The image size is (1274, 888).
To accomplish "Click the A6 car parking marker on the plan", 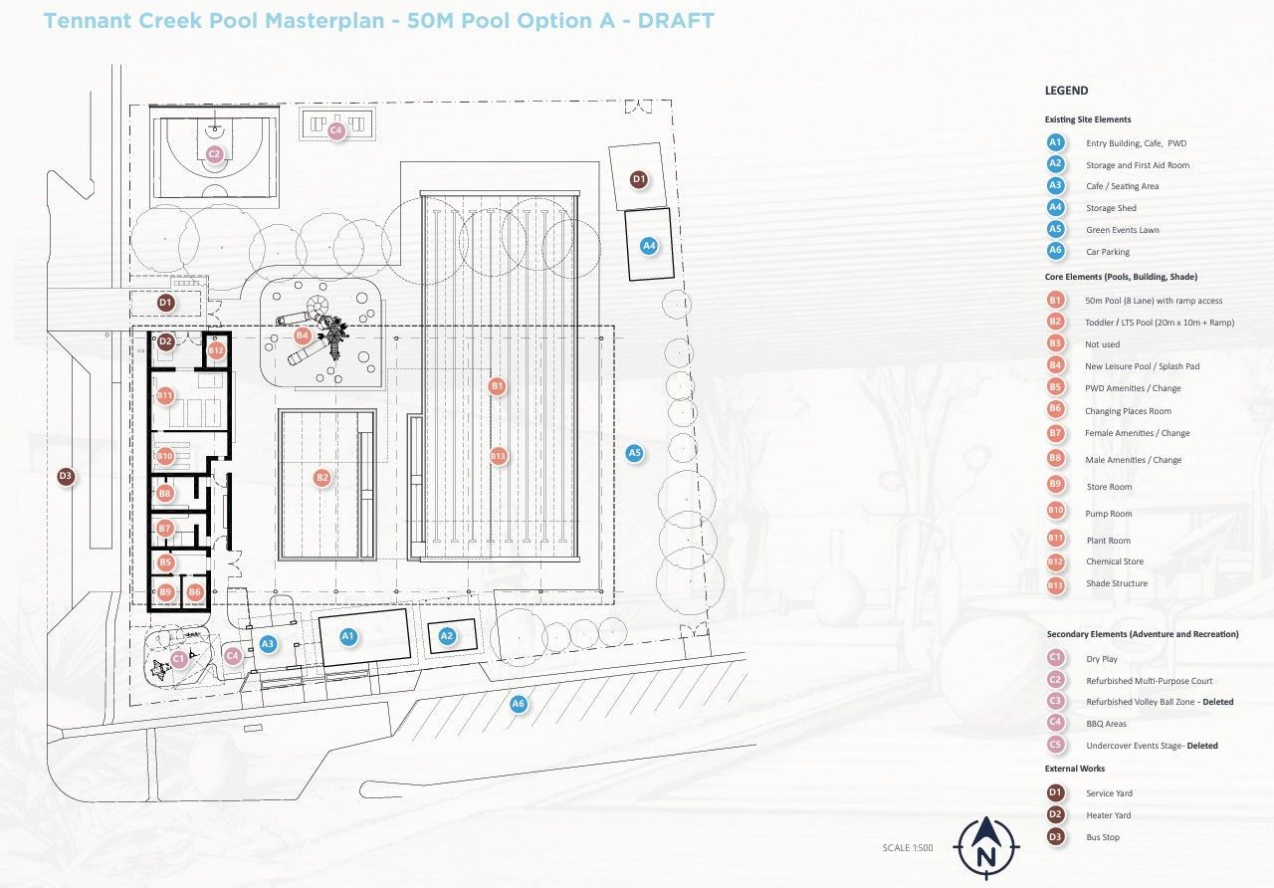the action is click(519, 704).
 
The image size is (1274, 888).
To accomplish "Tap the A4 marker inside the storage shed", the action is click(649, 246).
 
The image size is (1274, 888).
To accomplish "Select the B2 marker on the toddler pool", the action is click(322, 477).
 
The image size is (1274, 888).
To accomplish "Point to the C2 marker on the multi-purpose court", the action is click(214, 153).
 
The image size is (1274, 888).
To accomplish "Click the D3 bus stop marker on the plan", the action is click(66, 476).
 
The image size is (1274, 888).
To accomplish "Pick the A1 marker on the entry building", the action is click(348, 636).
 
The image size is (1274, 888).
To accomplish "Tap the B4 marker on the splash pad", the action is click(302, 335).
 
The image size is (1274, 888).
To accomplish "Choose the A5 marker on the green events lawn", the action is click(635, 453).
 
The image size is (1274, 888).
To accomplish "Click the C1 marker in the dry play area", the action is click(178, 659).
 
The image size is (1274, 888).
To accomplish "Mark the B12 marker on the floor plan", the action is click(216, 350).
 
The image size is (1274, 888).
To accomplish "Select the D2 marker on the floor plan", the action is click(165, 341).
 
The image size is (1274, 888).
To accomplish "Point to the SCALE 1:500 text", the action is click(908, 847).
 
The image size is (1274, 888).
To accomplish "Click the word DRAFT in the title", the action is click(676, 21).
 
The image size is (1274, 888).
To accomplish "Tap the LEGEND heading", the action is click(1066, 91).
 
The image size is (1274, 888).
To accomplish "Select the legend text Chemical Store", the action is click(1115, 561).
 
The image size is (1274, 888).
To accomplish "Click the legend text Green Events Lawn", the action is click(1122, 230).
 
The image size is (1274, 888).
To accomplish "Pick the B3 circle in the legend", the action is click(1056, 343).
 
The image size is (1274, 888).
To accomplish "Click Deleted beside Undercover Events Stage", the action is click(1202, 746).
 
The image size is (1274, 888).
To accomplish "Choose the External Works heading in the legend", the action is click(1074, 769).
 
